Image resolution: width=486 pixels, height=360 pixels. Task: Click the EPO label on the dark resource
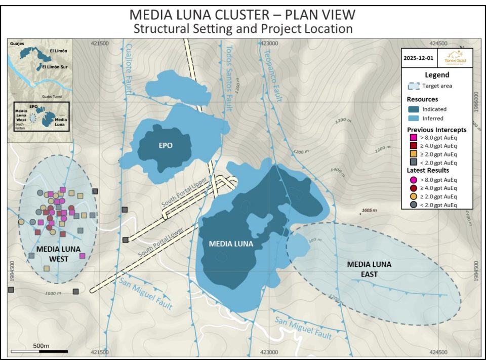coord(165,145)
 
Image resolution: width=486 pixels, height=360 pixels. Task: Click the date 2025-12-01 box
coord(418,58)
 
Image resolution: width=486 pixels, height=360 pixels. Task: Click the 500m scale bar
coord(39,350)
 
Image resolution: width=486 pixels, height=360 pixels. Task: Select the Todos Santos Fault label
coord(229,76)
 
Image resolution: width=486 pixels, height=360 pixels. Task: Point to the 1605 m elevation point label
coord(372,210)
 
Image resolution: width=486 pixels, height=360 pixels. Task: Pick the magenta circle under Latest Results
coord(413,180)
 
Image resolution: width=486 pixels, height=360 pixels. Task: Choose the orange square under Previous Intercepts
coord(413,154)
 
